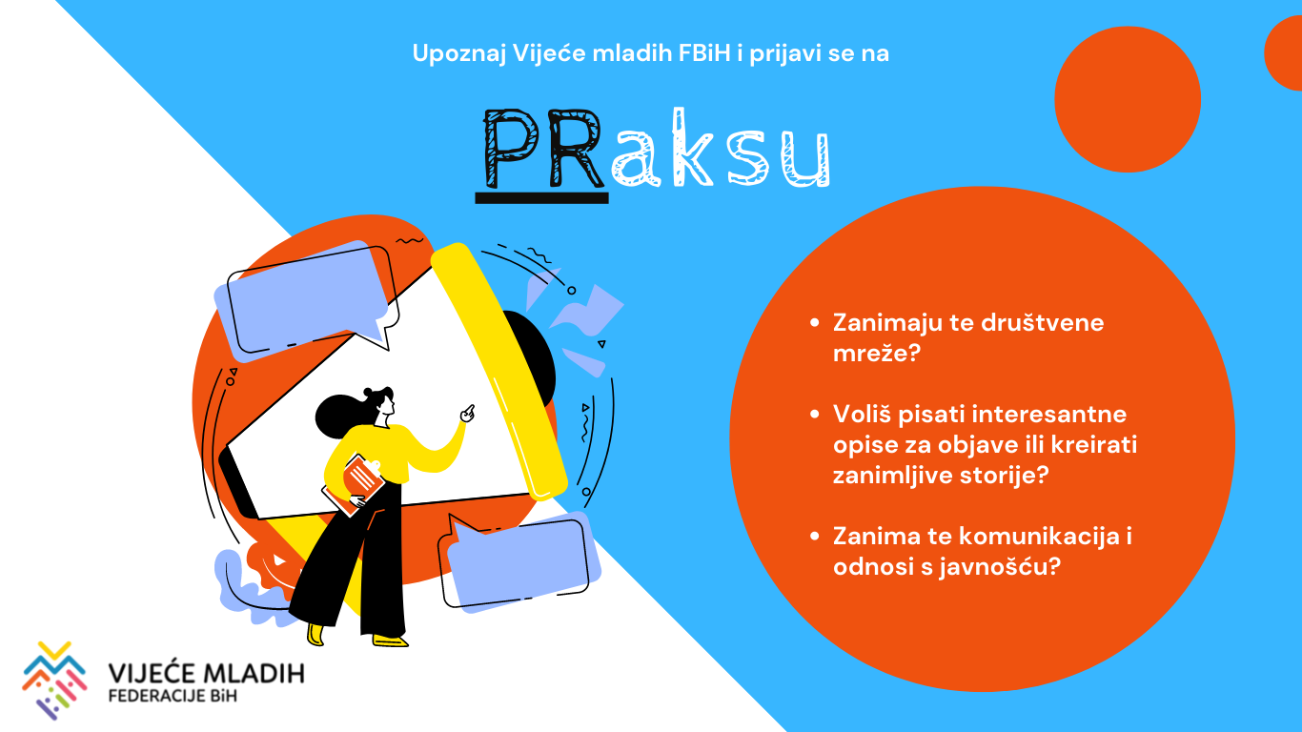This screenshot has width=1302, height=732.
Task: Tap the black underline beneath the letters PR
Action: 541,197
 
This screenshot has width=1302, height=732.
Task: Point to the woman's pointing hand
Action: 468,414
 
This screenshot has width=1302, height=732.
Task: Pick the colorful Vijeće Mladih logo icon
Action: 54,681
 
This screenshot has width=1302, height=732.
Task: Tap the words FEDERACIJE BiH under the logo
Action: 173,696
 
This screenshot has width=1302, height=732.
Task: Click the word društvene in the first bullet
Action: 1042,323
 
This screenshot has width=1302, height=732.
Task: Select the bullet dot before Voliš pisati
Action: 814,415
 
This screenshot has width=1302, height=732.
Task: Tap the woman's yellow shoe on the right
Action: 390,640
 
